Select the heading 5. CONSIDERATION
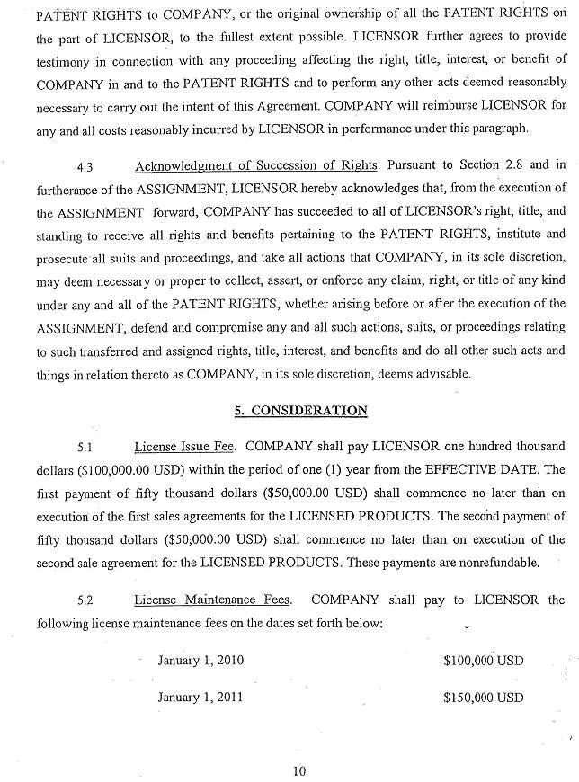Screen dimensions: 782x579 300,411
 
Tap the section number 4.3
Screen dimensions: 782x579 86,167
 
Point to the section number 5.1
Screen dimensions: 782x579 86,446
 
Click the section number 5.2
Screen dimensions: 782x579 86,600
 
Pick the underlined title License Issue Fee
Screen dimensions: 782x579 186,446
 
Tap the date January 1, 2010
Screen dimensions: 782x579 200,660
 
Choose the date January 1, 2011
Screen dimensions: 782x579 200,697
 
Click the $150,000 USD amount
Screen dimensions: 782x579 484,698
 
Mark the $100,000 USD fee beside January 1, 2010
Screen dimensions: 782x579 484,661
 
